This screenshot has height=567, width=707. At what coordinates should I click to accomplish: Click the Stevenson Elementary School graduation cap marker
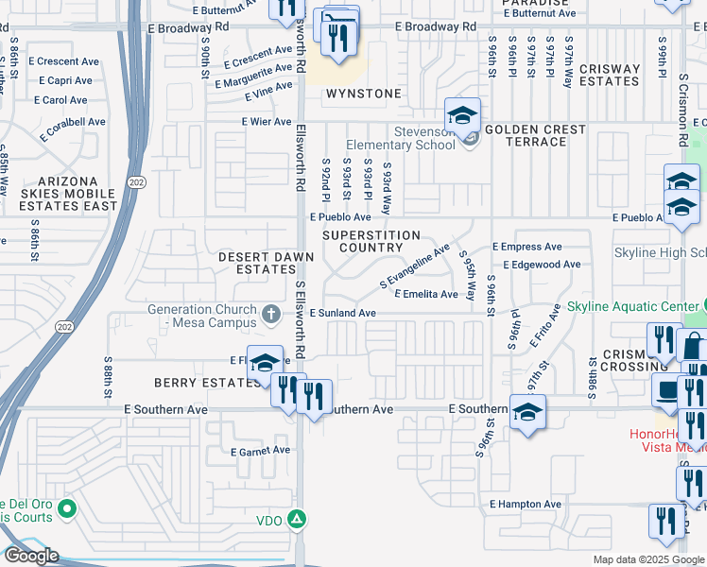click(462, 116)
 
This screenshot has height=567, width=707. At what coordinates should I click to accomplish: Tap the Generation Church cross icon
click(271, 313)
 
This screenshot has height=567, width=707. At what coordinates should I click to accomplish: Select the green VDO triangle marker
click(297, 519)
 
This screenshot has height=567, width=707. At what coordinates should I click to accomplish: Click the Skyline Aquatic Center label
click(633, 307)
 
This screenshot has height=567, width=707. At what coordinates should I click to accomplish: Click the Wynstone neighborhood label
click(364, 94)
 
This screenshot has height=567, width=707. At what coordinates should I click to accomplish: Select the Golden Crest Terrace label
click(536, 135)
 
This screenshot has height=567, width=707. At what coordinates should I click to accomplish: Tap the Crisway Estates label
click(610, 76)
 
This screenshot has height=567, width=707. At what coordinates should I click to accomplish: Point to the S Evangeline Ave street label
click(415, 267)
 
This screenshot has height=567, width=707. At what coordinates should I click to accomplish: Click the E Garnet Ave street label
click(261, 451)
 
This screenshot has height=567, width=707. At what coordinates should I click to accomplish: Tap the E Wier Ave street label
click(267, 122)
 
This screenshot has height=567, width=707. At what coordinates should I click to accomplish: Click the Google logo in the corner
click(30, 556)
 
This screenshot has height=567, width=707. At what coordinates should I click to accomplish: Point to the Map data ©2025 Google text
click(647, 559)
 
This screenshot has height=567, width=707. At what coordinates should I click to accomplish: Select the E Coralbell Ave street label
click(72, 122)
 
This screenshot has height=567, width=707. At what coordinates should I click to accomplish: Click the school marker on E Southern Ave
click(527, 413)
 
